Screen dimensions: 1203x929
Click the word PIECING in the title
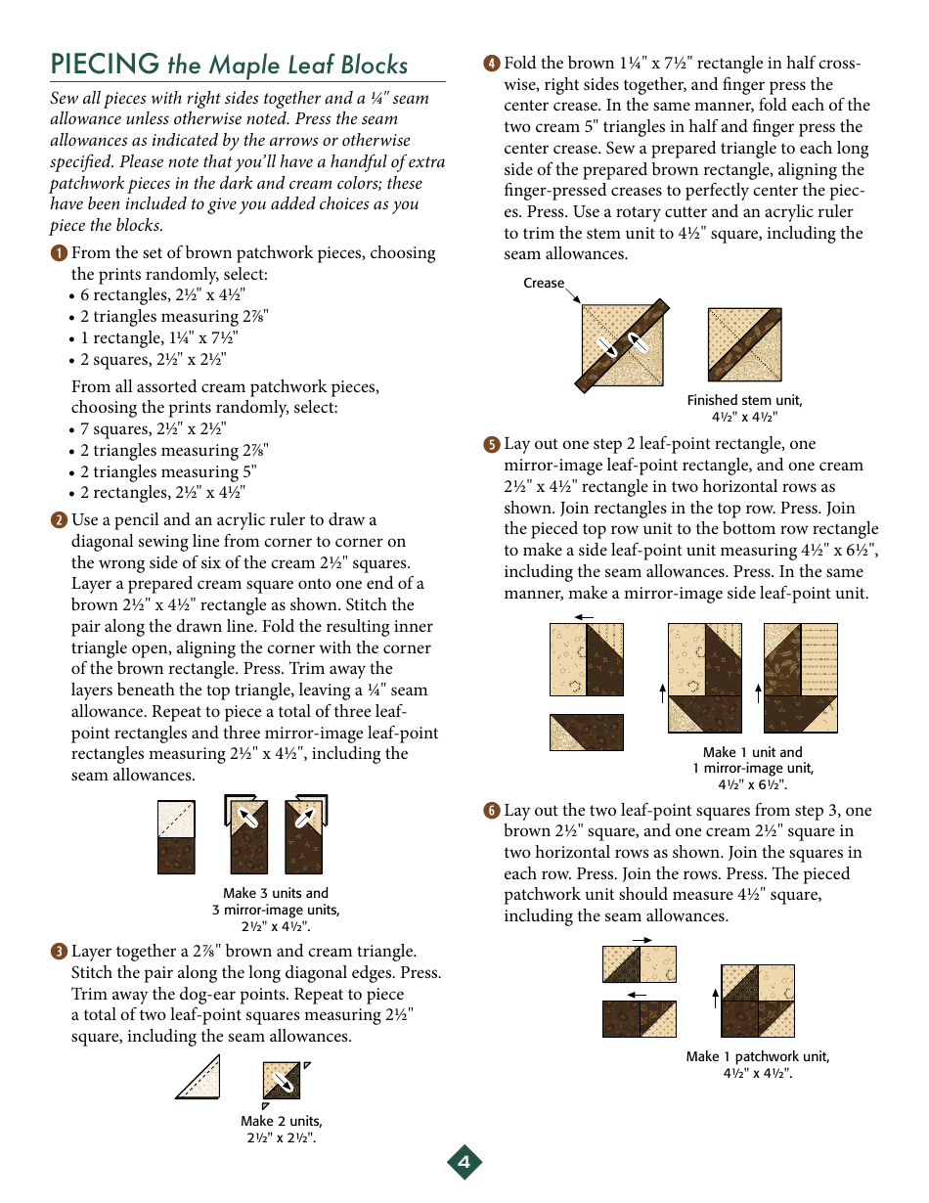click(x=105, y=65)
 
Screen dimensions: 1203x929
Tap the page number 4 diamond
click(x=464, y=1162)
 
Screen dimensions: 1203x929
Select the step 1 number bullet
click(x=59, y=253)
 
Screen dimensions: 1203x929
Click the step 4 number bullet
click(x=492, y=65)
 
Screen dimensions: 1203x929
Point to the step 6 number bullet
click(x=492, y=811)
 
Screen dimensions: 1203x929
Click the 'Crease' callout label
click(x=544, y=284)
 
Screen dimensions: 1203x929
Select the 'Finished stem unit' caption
click(x=744, y=400)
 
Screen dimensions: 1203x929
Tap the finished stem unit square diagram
click(x=745, y=345)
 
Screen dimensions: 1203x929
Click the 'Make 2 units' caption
click(x=282, y=1121)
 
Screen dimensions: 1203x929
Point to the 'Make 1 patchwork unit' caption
click(x=758, y=1056)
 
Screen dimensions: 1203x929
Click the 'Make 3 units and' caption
click(x=276, y=893)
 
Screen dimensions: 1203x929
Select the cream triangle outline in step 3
click(x=199, y=1078)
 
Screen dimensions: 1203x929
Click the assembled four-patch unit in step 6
click(x=757, y=1001)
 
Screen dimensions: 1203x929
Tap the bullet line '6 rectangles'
click(x=162, y=295)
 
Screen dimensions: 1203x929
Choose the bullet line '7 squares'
click(x=153, y=429)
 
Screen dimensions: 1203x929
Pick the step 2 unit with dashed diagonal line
click(x=177, y=837)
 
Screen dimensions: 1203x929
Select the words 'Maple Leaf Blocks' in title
click(x=288, y=66)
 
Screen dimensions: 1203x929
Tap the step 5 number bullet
click(x=492, y=445)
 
